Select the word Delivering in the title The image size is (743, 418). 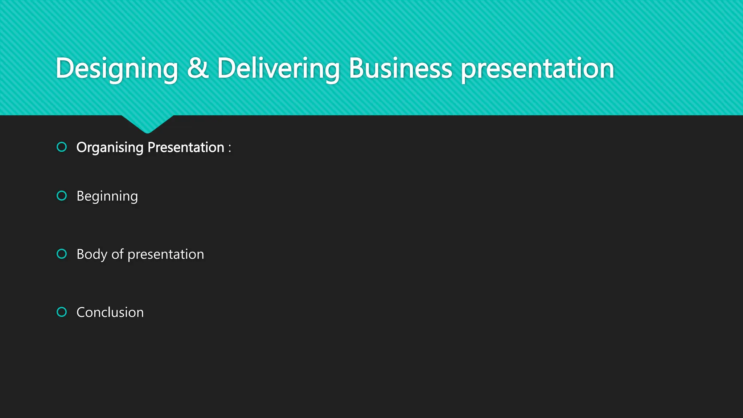[x=278, y=68]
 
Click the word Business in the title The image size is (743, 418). [x=400, y=68]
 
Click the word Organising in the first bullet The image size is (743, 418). [x=110, y=148]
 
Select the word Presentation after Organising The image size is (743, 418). [x=186, y=147]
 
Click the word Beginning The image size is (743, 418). [x=107, y=196]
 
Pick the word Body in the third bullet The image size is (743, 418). [x=92, y=254]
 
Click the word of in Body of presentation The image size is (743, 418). [x=118, y=254]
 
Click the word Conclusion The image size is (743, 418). [x=110, y=312]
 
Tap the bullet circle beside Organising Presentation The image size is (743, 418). [x=62, y=147]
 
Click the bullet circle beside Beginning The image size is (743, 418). [x=62, y=196]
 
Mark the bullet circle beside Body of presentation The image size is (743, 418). [x=62, y=254]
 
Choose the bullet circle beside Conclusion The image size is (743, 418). [x=62, y=312]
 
